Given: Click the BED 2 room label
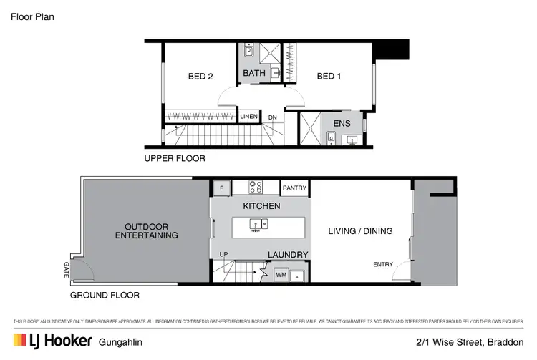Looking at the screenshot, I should click(200, 76).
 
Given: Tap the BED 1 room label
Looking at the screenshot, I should click(329, 76).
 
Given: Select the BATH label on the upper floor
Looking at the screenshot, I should click(254, 73).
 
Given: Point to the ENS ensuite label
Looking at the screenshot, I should click(342, 122).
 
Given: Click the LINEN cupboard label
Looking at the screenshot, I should click(248, 116).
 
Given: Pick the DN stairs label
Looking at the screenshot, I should click(273, 117).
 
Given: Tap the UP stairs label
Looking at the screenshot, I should click(223, 255).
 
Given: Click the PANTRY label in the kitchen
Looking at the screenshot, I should click(294, 188).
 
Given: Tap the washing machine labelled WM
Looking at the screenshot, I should click(280, 273).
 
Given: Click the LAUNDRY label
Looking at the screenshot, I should click(288, 254).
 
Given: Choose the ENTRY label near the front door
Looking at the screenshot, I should click(383, 264).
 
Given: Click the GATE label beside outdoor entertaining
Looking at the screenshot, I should click(66, 269).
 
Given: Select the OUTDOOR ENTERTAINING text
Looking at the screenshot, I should click(146, 230).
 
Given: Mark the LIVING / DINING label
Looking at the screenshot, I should click(360, 230).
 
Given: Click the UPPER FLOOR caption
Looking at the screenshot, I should click(175, 158).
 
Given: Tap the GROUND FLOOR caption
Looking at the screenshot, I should click(105, 295).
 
